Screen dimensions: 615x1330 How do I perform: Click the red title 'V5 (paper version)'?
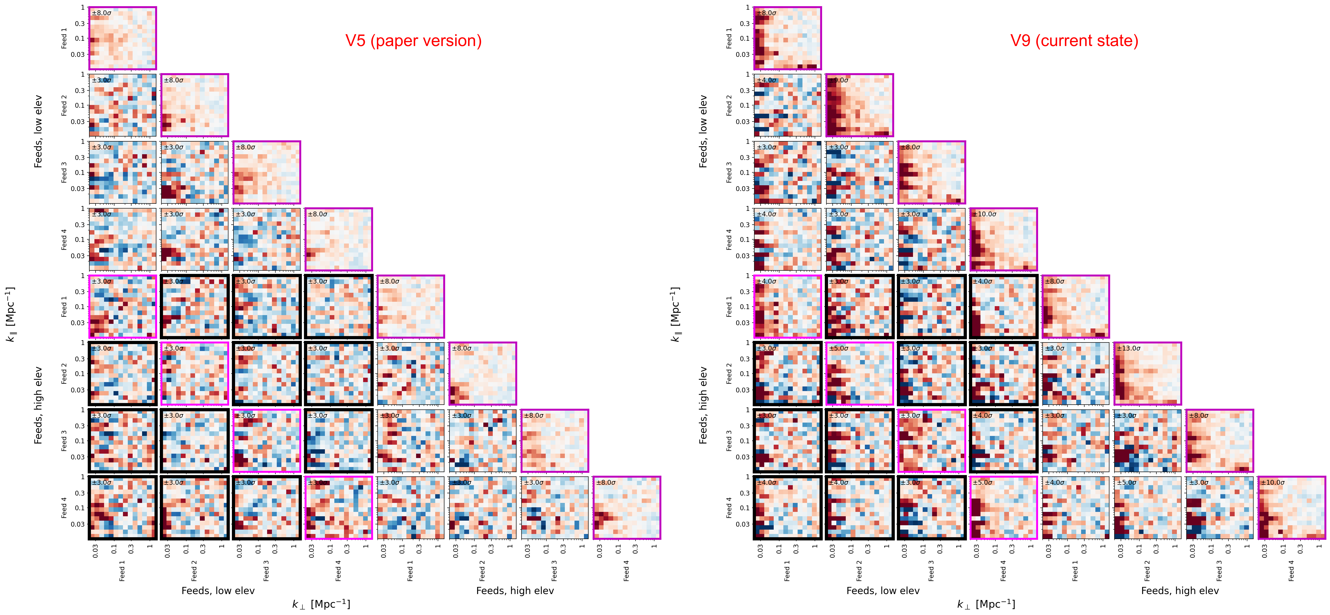(413, 41)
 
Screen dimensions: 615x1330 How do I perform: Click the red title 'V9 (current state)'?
(1074, 41)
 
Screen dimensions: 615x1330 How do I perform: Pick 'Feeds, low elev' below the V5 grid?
(218, 591)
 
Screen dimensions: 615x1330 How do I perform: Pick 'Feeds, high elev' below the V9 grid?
(1180, 591)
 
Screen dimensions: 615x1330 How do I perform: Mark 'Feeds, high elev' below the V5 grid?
(515, 591)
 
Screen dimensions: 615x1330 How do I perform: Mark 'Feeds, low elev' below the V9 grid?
(883, 591)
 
